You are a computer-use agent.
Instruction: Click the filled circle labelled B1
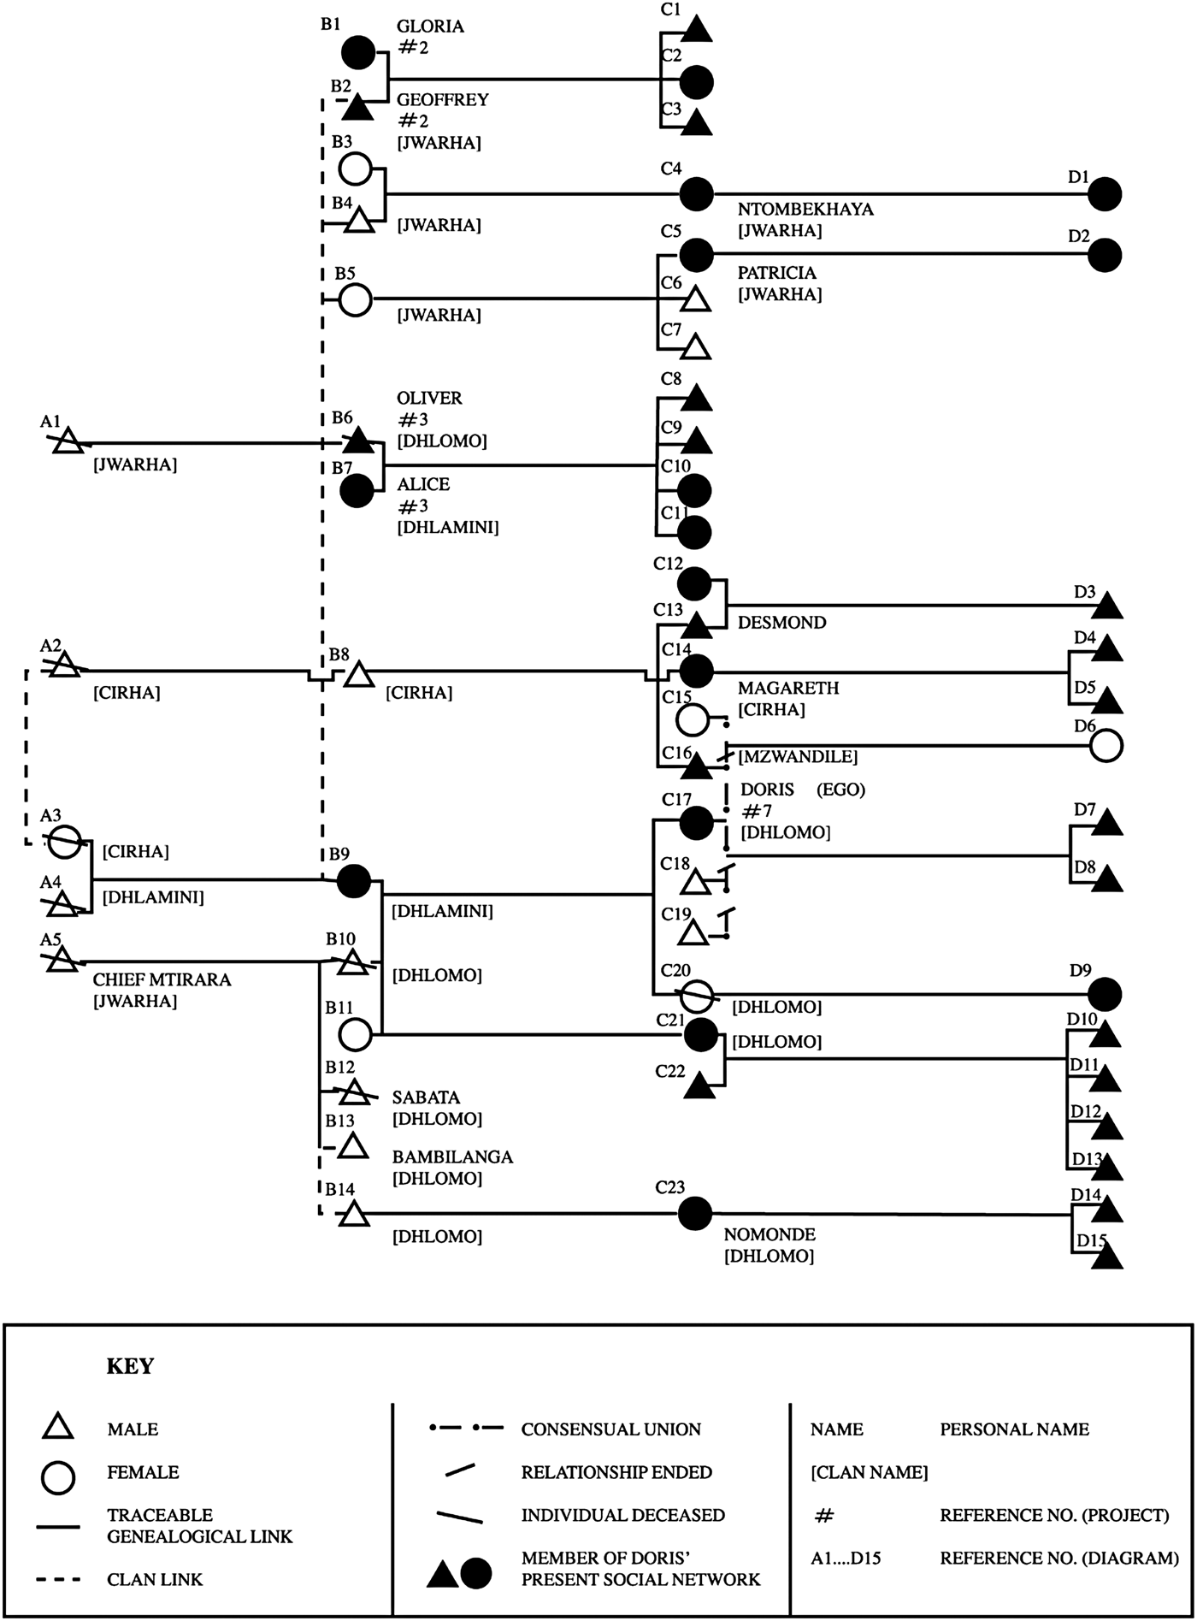(358, 53)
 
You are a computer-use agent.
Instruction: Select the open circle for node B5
(355, 300)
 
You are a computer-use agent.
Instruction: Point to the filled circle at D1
(1105, 194)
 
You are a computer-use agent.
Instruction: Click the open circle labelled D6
(1106, 746)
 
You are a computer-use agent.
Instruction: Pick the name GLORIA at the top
(430, 27)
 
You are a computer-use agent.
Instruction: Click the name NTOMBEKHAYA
(805, 210)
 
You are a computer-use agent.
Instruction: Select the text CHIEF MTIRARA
(162, 979)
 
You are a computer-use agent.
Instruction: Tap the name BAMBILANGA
(452, 1157)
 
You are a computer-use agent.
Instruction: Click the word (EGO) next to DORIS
(840, 790)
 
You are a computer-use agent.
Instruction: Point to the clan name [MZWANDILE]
(797, 757)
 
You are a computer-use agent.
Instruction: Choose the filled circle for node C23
(694, 1213)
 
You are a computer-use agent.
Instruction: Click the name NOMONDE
(769, 1234)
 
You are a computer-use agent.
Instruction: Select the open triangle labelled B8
(359, 676)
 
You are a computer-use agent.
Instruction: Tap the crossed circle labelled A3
(66, 842)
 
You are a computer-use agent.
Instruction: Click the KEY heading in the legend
(130, 1366)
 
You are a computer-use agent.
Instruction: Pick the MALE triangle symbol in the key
(58, 1428)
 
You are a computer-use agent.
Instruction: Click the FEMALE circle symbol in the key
(58, 1477)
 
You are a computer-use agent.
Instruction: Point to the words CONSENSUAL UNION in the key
(610, 1429)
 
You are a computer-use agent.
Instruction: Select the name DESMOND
(781, 623)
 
